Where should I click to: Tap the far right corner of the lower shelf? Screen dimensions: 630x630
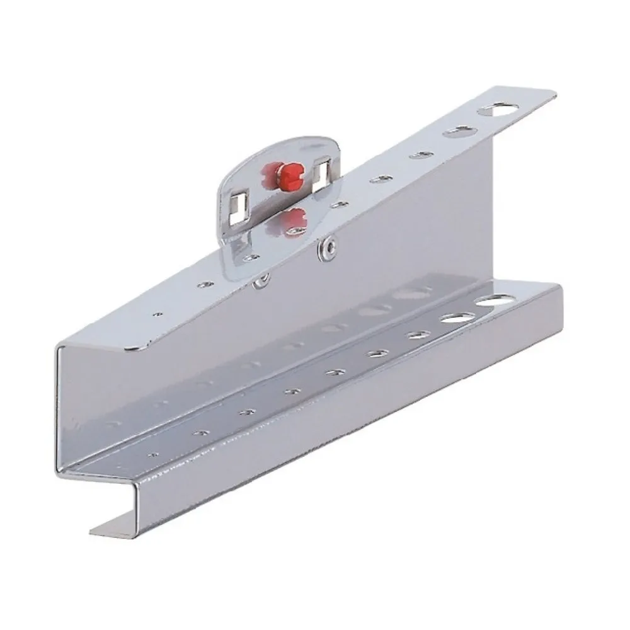click(561, 287)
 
